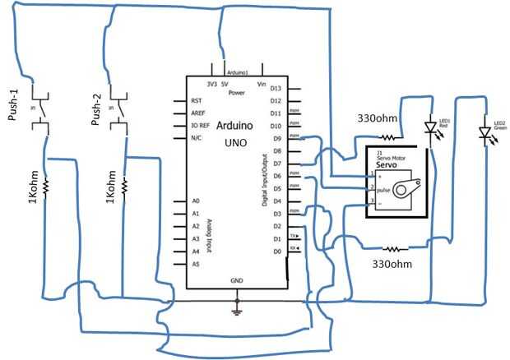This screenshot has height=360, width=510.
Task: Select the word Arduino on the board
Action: tap(234, 125)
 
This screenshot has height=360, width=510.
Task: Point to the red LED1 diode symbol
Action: tap(430, 128)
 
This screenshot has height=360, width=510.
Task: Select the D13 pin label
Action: tap(276, 88)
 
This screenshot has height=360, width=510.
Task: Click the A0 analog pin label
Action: tap(196, 201)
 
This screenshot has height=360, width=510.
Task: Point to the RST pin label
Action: tap(197, 100)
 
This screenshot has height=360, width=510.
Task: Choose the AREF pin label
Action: tap(198, 113)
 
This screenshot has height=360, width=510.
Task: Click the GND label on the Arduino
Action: tap(236, 280)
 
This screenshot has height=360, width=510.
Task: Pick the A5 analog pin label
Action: tap(196, 264)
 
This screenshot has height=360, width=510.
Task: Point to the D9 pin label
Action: tap(277, 138)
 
